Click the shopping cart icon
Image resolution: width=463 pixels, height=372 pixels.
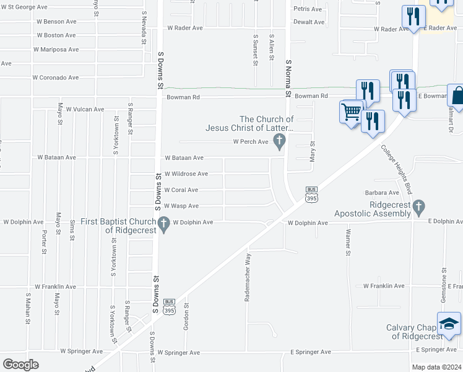tap(352, 112)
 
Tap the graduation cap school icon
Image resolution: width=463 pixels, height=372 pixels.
tap(449, 324)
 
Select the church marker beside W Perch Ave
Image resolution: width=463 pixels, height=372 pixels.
tap(280, 142)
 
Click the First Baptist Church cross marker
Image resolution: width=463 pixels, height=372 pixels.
tap(164, 223)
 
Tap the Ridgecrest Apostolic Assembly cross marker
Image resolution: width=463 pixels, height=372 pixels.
tap(418, 206)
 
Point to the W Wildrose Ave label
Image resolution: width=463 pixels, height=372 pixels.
tap(186, 174)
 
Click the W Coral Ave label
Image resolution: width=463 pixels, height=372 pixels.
tap(181, 190)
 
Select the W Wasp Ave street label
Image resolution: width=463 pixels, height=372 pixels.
tap(181, 206)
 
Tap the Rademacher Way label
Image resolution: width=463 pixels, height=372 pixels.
tap(248, 277)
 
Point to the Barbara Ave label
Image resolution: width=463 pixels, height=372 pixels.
tap(381, 193)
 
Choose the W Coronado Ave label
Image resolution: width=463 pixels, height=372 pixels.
tap(56, 77)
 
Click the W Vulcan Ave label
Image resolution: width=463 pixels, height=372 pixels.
tap(83, 109)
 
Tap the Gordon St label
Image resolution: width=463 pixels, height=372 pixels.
tap(186, 316)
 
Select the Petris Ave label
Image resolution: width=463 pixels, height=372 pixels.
tap(308, 9)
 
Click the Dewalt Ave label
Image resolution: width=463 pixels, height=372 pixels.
tap(309, 22)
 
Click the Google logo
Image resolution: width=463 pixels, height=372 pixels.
tap(21, 365)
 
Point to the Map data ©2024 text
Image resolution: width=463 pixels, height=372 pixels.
tap(436, 367)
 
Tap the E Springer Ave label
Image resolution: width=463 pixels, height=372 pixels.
tap(306, 352)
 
